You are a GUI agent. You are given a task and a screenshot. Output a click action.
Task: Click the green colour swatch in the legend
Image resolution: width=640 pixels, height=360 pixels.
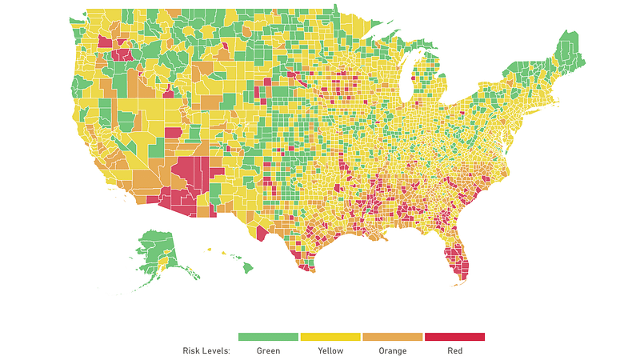tap(268, 337)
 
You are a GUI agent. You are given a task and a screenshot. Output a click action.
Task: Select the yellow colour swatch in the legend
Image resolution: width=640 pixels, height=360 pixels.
tap(330, 337)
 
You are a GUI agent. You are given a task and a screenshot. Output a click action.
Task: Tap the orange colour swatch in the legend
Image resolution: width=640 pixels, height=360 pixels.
tap(393, 337)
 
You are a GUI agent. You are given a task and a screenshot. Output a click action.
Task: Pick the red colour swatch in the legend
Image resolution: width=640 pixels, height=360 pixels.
tap(454, 337)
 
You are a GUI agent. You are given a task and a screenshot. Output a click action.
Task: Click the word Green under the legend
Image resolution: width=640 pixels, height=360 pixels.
tap(268, 351)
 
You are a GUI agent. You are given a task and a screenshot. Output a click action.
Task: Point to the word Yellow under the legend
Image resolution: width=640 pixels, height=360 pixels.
tap(330, 351)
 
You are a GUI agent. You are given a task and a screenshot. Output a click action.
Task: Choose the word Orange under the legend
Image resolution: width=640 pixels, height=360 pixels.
tap(393, 351)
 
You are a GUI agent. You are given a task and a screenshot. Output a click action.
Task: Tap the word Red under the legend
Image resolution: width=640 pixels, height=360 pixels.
tap(454, 351)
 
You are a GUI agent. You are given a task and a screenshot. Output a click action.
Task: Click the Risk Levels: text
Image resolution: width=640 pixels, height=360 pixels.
tap(207, 351)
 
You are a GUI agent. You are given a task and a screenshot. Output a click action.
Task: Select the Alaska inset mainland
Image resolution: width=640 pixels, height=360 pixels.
tap(152, 248)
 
